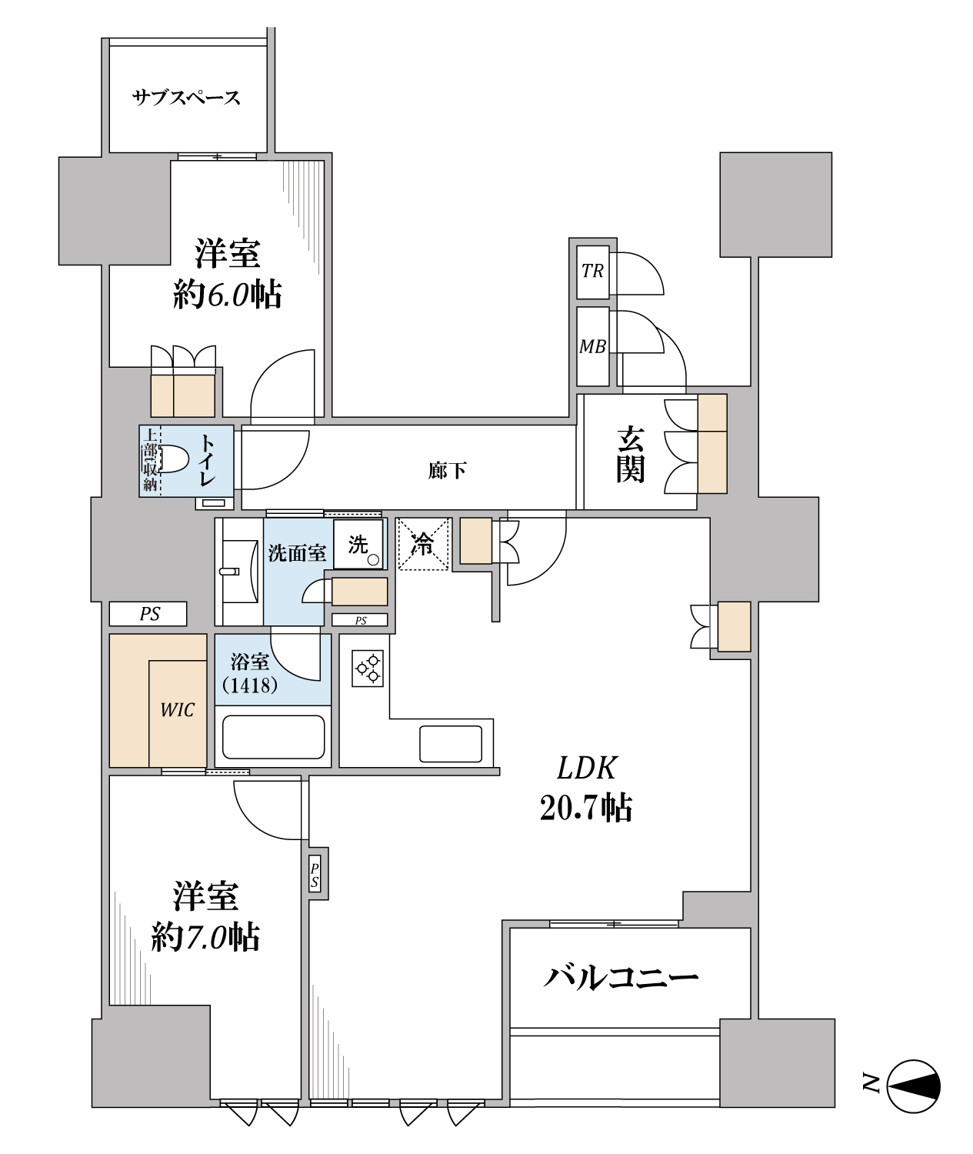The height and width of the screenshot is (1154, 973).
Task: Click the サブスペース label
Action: click(x=185, y=98)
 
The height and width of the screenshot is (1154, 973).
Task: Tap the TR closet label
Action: click(x=592, y=271)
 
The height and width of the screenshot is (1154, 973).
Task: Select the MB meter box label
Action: click(x=592, y=346)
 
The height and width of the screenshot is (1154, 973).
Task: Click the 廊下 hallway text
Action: click(x=447, y=470)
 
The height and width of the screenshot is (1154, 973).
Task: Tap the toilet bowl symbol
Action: click(x=172, y=460)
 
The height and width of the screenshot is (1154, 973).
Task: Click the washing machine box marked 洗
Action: click(x=358, y=545)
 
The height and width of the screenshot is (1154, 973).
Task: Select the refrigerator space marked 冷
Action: click(x=423, y=544)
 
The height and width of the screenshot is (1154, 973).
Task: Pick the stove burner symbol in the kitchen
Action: click(x=368, y=669)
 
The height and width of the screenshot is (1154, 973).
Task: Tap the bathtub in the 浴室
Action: click(x=273, y=737)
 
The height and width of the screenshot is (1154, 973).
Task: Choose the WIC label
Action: click(x=178, y=710)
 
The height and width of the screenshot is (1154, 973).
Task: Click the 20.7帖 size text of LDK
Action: click(x=586, y=808)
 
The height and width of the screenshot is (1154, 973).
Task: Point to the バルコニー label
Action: click(x=621, y=978)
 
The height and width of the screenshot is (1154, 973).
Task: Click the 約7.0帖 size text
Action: click(x=205, y=937)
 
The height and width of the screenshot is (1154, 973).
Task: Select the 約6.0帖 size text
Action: click(x=228, y=295)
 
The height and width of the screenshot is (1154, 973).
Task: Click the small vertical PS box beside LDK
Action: click(x=318, y=874)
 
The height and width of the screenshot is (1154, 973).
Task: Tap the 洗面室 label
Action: click(x=297, y=553)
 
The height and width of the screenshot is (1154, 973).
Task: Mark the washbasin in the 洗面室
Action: click(x=241, y=572)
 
